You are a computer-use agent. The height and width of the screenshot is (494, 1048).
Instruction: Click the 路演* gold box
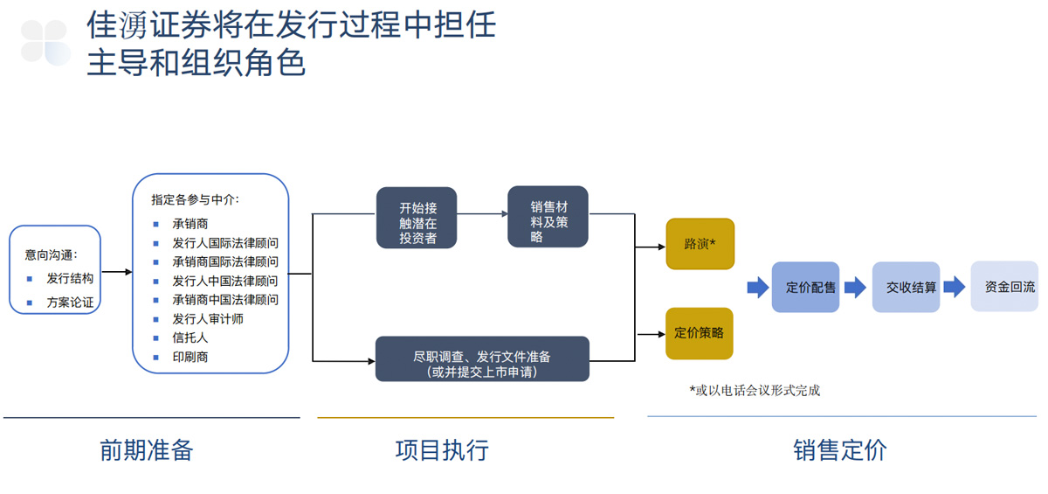click(700, 244)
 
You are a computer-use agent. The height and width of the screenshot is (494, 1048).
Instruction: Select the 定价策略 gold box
click(699, 333)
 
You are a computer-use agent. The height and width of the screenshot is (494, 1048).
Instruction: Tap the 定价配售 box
click(805, 287)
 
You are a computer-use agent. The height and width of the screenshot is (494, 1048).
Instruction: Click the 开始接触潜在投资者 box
click(417, 218)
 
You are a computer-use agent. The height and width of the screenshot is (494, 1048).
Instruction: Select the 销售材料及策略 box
click(548, 216)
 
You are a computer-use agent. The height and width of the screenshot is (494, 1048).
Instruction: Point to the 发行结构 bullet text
click(70, 278)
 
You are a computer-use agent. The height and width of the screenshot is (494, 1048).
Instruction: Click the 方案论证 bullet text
click(70, 303)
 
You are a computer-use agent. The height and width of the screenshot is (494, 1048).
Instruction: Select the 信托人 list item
click(190, 337)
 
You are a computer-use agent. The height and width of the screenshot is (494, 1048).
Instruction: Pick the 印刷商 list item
click(190, 357)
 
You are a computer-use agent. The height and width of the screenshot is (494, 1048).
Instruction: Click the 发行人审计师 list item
click(208, 319)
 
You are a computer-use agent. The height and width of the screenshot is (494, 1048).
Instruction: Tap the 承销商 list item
click(190, 224)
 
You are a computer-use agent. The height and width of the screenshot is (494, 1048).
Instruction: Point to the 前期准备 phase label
click(146, 450)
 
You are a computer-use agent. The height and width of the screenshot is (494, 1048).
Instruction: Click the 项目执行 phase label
click(442, 450)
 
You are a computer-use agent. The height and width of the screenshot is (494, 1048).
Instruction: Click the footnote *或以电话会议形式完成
click(755, 391)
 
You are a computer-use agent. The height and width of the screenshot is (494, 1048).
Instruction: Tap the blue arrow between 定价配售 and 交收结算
click(855, 287)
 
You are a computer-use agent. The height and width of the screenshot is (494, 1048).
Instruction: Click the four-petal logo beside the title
click(45, 42)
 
